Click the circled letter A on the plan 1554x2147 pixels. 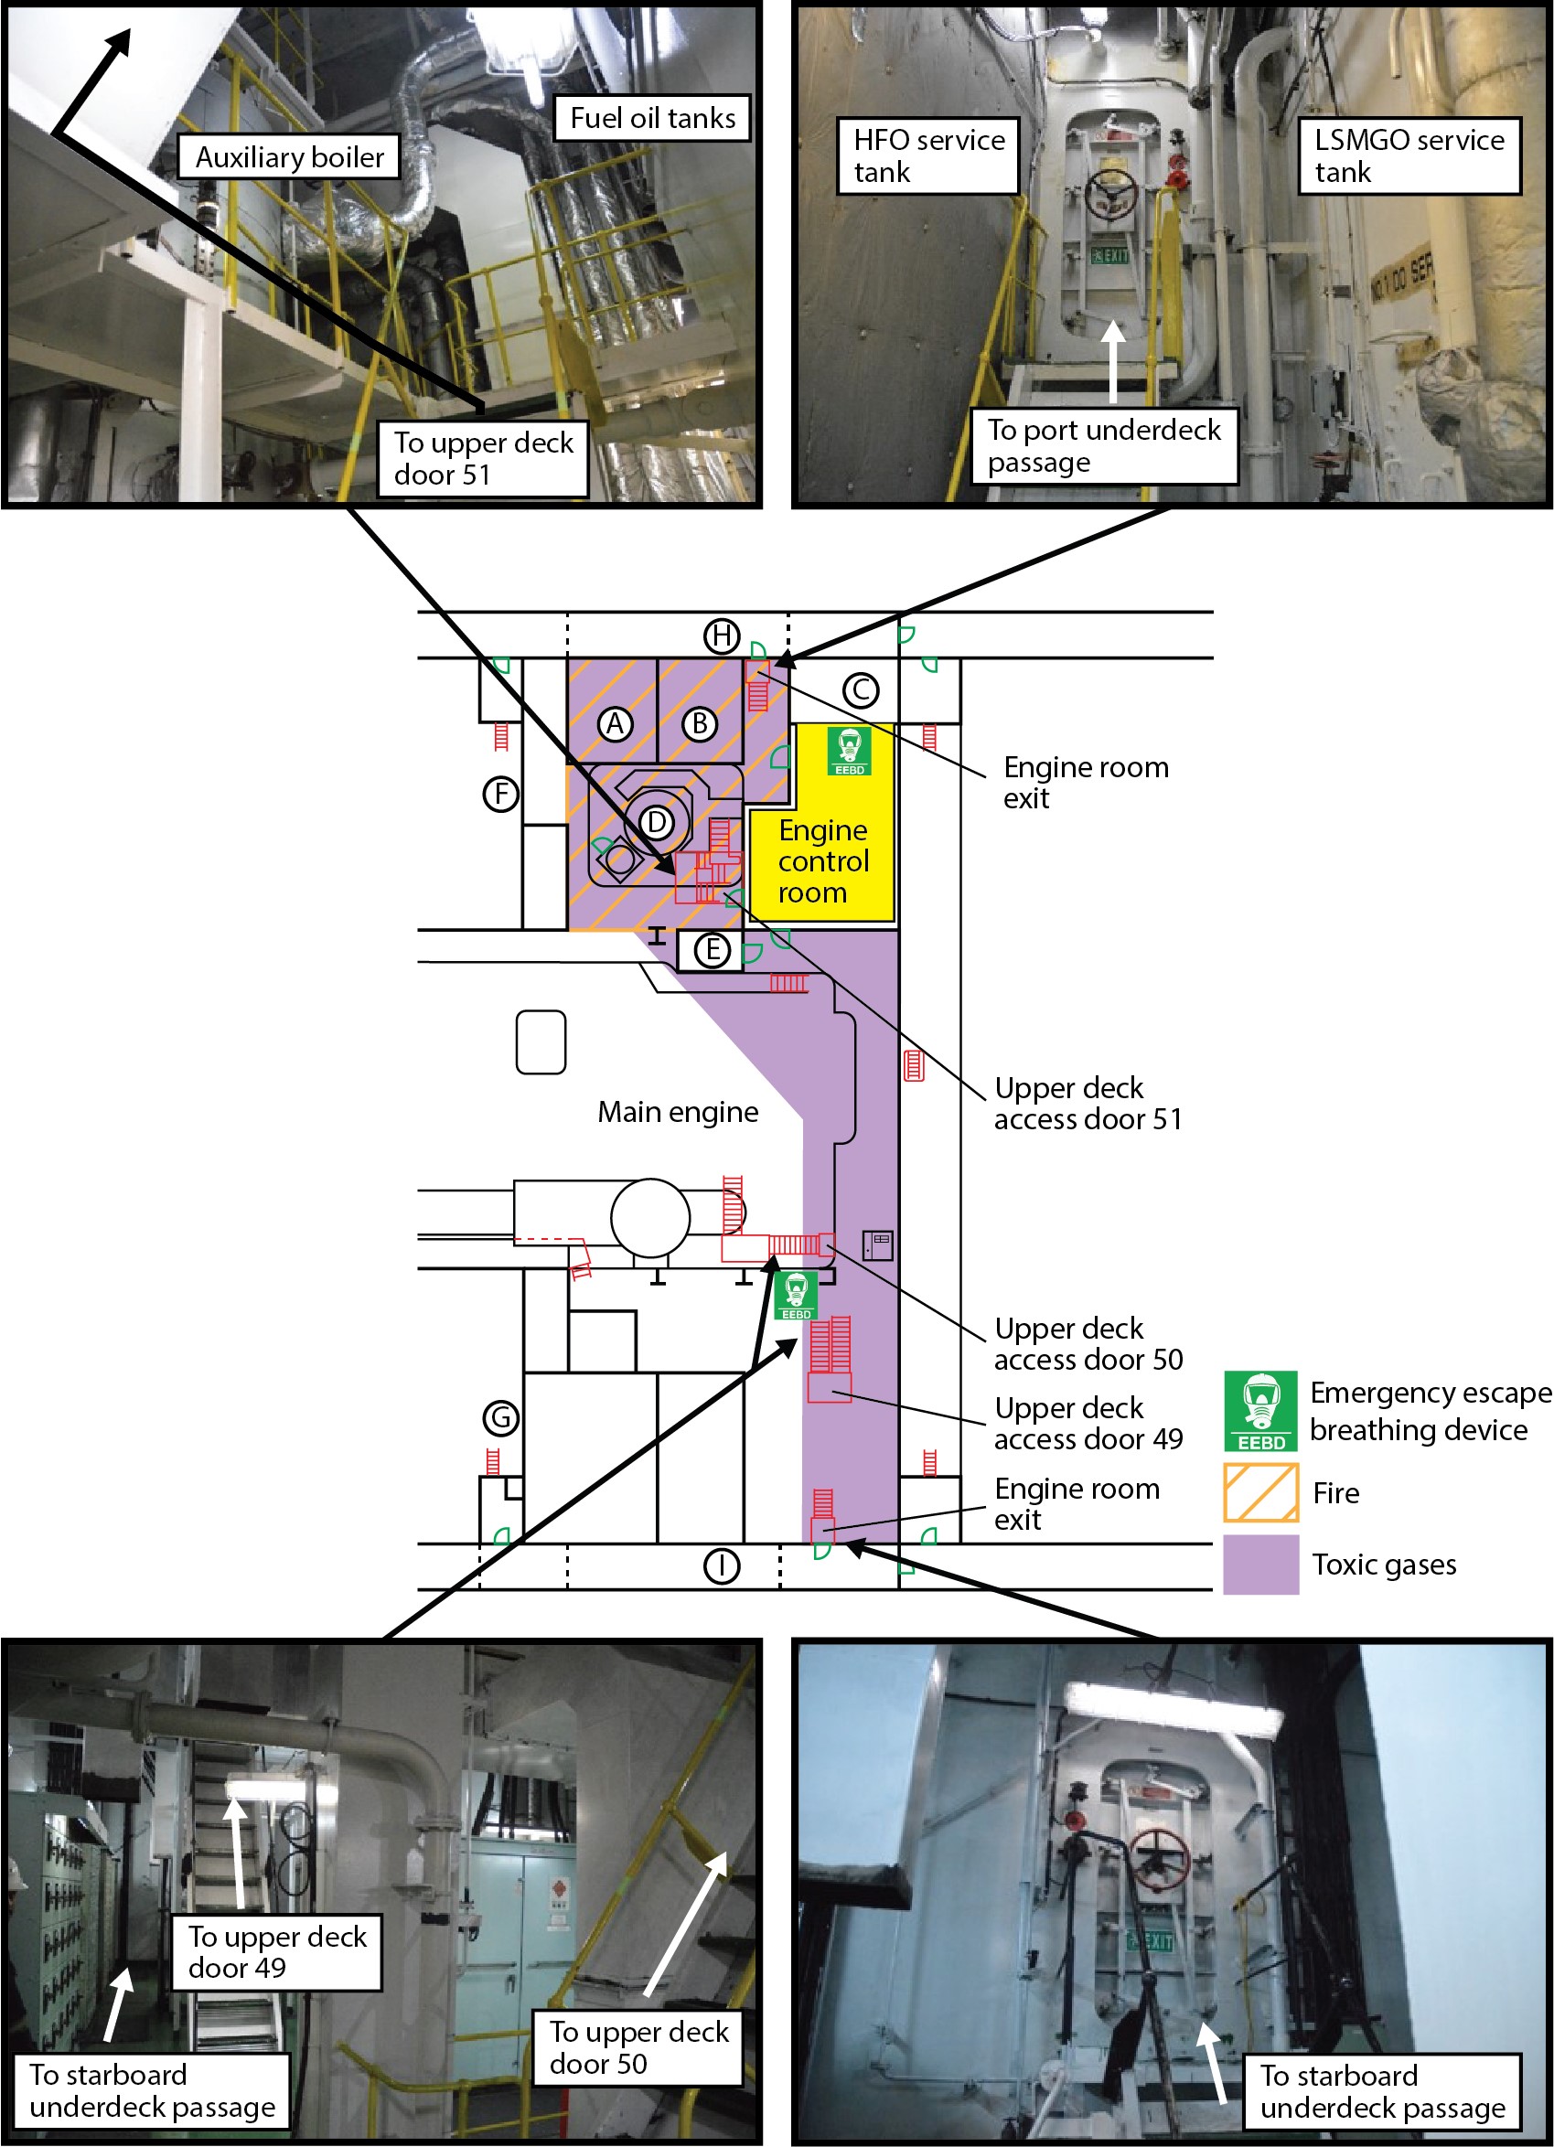[x=616, y=724]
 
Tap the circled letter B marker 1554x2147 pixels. [x=700, y=724]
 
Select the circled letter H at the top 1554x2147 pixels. [x=722, y=636]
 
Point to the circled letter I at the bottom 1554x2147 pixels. [x=722, y=1565]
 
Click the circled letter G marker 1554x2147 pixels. [x=501, y=1418]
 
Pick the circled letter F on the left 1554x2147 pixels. [x=501, y=794]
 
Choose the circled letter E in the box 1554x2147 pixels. [x=713, y=949]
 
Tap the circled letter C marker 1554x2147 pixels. [x=861, y=690]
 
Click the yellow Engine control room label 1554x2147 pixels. [x=823, y=860]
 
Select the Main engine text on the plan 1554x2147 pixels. [x=678, y=1111]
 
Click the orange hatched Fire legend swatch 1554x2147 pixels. [x=1260, y=1493]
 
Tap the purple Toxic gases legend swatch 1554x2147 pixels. [x=1260, y=1565]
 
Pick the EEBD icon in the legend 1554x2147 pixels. [x=1260, y=1412]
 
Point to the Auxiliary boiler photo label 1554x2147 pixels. [x=289, y=157]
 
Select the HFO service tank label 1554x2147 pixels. [x=928, y=156]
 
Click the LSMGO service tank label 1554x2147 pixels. [x=1409, y=156]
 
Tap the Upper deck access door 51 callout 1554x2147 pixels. [x=1088, y=1104]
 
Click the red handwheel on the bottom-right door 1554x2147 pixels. [x=1159, y=1858]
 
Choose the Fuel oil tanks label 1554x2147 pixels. [x=652, y=118]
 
